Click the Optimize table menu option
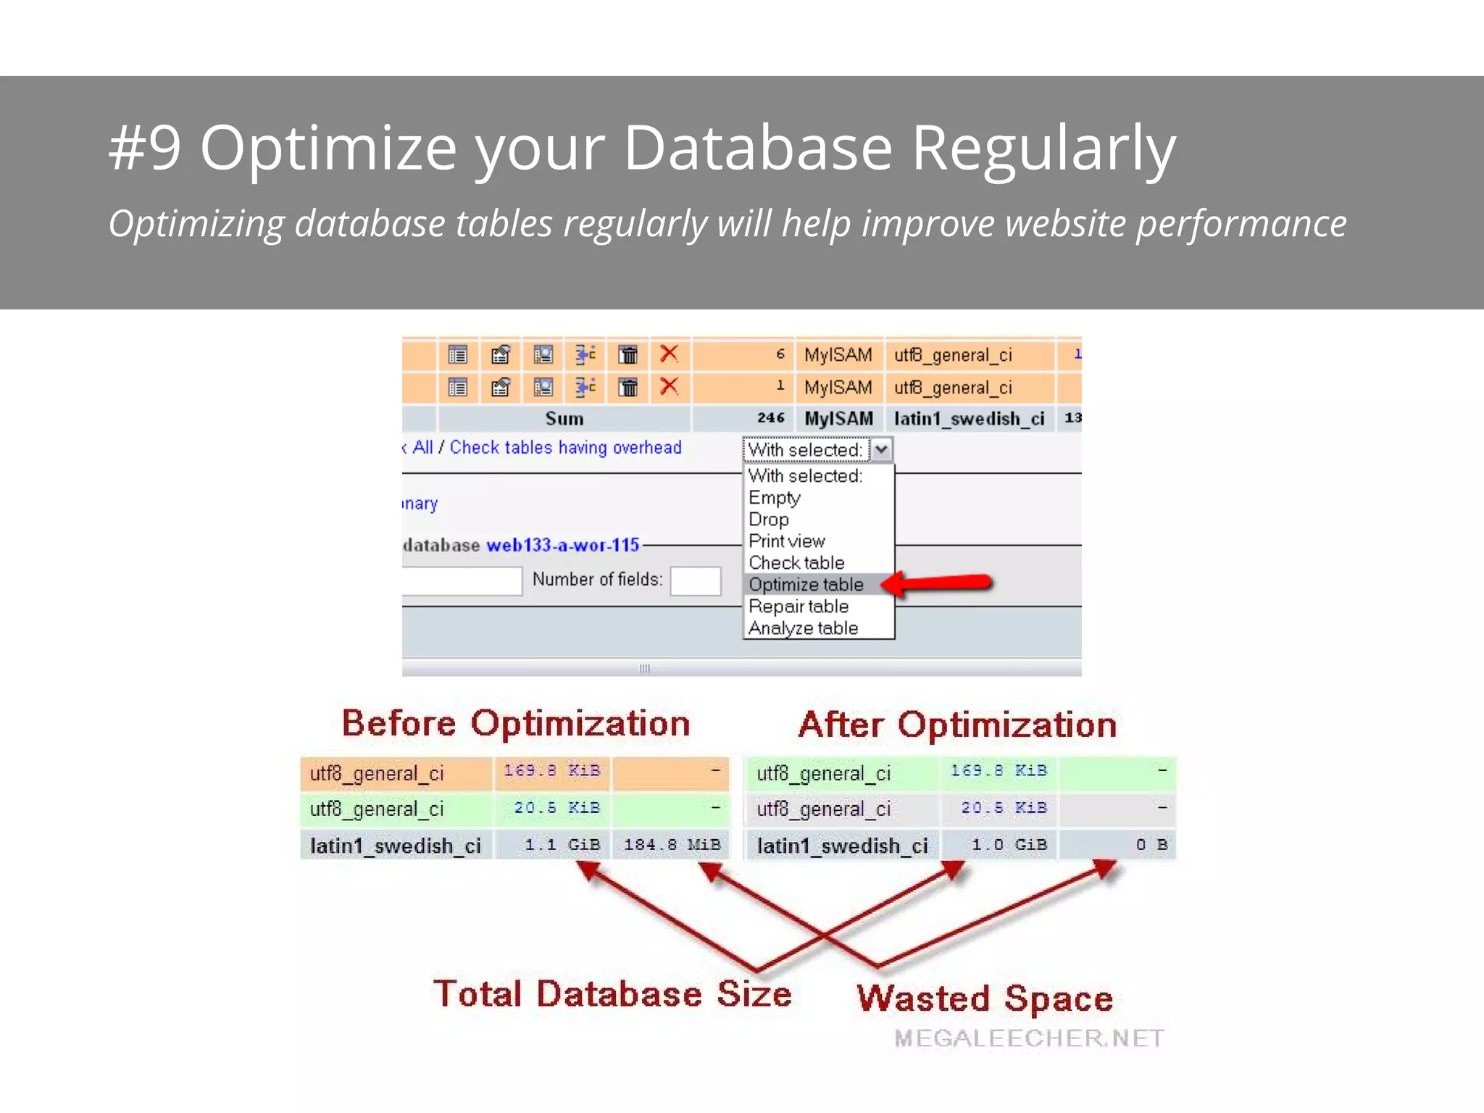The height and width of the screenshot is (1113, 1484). [806, 585]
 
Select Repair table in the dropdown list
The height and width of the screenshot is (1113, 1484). [798, 606]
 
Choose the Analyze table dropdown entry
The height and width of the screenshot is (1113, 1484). [803, 628]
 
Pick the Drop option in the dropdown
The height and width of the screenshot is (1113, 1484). [768, 520]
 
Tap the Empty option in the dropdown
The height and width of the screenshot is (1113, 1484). [774, 498]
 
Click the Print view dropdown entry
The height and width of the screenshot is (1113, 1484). [786, 541]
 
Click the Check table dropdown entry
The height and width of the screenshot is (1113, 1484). [796, 563]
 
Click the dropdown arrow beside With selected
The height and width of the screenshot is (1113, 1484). [881, 450]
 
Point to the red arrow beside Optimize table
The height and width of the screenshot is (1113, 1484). [939, 583]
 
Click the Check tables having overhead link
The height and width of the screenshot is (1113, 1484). [565, 448]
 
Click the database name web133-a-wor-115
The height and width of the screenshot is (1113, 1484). [562, 545]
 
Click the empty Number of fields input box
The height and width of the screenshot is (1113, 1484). [695, 580]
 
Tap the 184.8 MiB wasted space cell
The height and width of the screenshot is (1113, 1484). [672, 845]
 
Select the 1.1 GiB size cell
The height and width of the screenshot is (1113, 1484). [562, 845]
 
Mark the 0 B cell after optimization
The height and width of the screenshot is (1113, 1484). [1151, 845]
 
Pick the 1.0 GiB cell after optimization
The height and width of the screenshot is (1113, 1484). [1009, 845]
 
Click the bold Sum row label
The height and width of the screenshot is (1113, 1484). [564, 419]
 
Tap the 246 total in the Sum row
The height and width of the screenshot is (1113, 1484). [770, 418]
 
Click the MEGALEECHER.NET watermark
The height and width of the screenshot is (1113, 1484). [1029, 1038]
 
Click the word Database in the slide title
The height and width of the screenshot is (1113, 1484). [757, 148]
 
